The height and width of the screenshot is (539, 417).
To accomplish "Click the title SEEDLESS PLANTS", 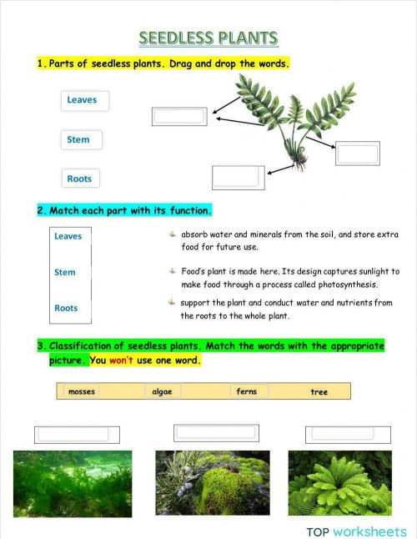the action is [x=208, y=38].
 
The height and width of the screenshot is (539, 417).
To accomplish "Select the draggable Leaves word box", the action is [x=83, y=100].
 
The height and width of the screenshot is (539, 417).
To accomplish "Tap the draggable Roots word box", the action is [x=80, y=179].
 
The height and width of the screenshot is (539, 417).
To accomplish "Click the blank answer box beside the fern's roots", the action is [x=238, y=177].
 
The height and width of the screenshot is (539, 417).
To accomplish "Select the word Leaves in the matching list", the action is [x=68, y=236].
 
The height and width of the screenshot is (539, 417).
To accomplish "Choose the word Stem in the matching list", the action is [x=65, y=272].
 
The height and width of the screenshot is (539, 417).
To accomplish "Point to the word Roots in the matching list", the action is [x=66, y=308].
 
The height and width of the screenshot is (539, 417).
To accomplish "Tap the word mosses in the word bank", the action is [x=82, y=391].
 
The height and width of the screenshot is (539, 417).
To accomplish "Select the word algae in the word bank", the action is [x=162, y=391].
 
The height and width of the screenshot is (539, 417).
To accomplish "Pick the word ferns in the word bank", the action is [x=247, y=391].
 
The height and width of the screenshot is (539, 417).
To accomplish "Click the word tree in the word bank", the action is [x=319, y=391].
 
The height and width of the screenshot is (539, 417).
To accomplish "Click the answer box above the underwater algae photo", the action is [x=77, y=434].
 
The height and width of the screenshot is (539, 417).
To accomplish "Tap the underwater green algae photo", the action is [x=73, y=484].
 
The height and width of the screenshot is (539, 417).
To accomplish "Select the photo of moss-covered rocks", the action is [x=213, y=483].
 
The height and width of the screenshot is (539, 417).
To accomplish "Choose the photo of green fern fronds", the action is [x=339, y=483].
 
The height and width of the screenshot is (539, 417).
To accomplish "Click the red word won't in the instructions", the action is [x=123, y=360].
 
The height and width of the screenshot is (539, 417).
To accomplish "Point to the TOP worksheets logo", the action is [x=356, y=531].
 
